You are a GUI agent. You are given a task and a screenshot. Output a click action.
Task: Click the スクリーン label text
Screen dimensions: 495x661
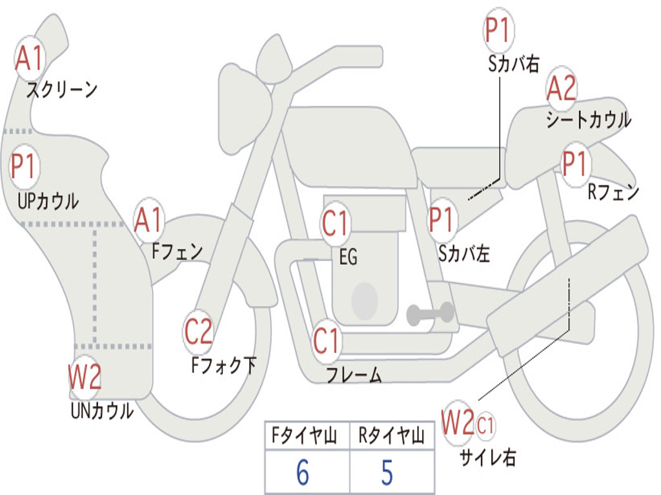point(61,90)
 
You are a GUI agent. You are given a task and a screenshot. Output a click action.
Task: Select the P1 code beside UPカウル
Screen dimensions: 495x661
point(25,166)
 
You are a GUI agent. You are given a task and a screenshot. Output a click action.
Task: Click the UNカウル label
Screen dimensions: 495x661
point(102,410)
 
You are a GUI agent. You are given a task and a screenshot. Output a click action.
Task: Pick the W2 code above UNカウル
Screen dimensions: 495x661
point(85,377)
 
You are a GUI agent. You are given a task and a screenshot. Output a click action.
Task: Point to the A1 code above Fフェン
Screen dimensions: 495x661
point(149,220)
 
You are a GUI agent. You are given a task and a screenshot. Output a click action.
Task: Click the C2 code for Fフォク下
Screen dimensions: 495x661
point(198,332)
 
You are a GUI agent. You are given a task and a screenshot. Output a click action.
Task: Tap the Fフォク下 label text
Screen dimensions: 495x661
point(223,365)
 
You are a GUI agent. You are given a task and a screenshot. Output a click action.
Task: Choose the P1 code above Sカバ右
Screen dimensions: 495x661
point(498,30)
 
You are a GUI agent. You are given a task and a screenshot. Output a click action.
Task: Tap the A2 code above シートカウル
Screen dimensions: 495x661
point(561,89)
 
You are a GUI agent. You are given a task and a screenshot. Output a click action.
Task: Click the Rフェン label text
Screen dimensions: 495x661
point(613,191)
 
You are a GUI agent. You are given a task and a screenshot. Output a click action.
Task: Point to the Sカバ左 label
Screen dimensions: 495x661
point(463,253)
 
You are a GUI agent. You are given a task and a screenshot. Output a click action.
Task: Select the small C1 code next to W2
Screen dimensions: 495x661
point(486,425)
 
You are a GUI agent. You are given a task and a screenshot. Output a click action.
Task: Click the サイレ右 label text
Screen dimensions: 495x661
point(487,457)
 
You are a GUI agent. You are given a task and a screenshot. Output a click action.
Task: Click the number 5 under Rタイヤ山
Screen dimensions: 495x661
point(387,472)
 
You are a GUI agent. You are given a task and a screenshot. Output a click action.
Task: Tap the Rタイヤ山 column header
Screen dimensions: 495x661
point(391,437)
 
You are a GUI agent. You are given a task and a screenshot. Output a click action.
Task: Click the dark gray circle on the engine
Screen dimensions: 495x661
point(365,300)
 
